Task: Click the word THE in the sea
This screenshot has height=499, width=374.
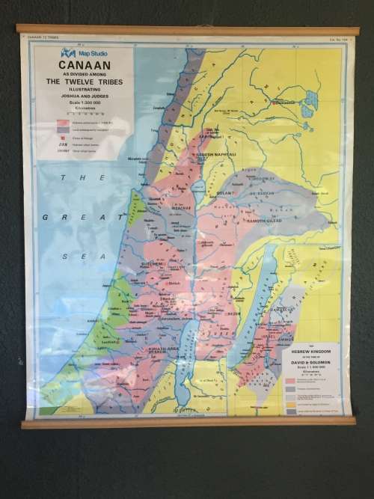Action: (73, 178)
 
